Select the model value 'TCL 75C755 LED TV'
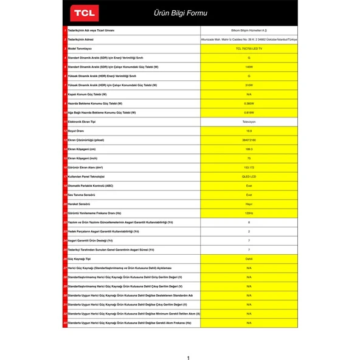pyautogui.click(x=249, y=48)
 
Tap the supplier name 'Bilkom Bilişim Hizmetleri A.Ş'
pyautogui.click(x=249, y=29)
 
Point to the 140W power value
pyautogui.click(x=249, y=66)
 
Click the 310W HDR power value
pyautogui.click(x=249, y=85)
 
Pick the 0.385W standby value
pyautogui.click(x=249, y=103)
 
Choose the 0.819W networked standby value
pyautogui.click(x=249, y=112)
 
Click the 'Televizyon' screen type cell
pyautogui.click(x=249, y=122)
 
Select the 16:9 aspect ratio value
pyautogui.click(x=249, y=131)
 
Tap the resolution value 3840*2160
pyautogui.click(x=249, y=140)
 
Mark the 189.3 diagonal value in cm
pyautogui.click(x=249, y=149)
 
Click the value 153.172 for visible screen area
pyautogui.click(x=249, y=167)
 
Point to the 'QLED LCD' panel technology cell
pyautogui.click(x=249, y=176)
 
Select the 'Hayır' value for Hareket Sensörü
pyautogui.click(x=249, y=204)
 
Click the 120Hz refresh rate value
pyautogui.click(x=249, y=213)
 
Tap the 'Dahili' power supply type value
pyautogui.click(x=249, y=258)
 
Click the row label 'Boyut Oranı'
pyautogui.click(x=77, y=131)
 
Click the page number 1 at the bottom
pyautogui.click(x=188, y=358)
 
